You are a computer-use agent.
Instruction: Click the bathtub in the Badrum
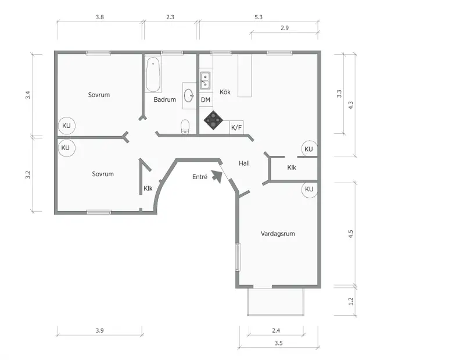point(153,74)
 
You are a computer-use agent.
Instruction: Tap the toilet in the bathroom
point(185,127)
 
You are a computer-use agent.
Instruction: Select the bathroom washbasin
point(189,95)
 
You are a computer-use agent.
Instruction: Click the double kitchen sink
point(205,81)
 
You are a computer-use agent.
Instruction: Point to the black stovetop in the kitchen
point(213,120)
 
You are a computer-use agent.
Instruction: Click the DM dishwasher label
point(206,100)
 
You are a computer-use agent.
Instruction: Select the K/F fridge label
point(236,127)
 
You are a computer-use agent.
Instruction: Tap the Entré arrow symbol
point(217,177)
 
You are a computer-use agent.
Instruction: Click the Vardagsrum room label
point(278,234)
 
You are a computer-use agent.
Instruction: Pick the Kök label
point(225,92)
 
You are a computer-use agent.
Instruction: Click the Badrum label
point(164,100)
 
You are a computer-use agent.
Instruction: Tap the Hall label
point(244,163)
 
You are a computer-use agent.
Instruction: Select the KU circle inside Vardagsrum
point(309,190)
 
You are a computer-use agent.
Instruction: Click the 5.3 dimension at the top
point(259,17)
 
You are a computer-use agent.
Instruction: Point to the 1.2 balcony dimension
point(350,301)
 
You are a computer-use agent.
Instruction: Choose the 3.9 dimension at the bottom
point(100,330)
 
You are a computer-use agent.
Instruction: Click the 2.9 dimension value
point(285,28)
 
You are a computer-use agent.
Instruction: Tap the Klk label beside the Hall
point(292,167)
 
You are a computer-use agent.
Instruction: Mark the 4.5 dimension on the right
point(350,234)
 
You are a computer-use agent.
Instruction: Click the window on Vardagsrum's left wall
point(238,257)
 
